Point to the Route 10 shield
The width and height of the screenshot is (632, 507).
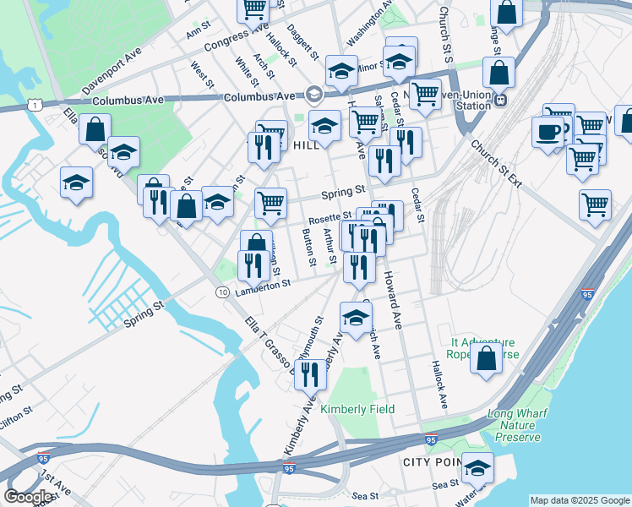221,292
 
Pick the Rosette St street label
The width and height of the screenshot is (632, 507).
330,219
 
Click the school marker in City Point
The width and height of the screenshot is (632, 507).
478,467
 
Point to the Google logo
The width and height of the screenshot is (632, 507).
29,497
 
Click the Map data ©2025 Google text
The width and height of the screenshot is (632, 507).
579,500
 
